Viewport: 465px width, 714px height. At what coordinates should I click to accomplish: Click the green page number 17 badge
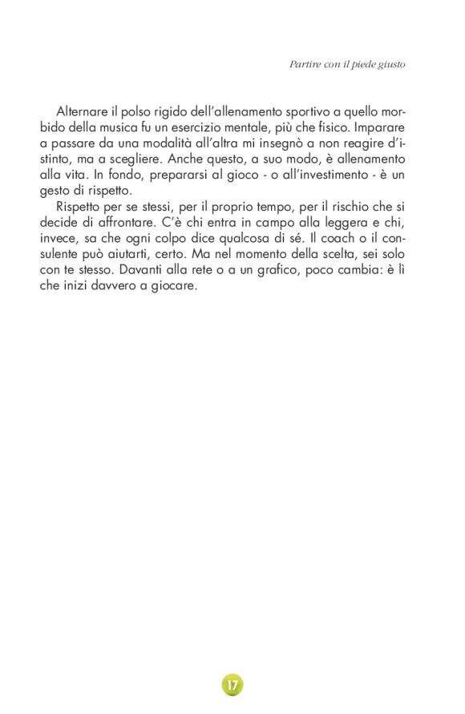click(232, 685)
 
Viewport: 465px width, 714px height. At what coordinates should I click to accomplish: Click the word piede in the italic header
click(359, 63)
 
